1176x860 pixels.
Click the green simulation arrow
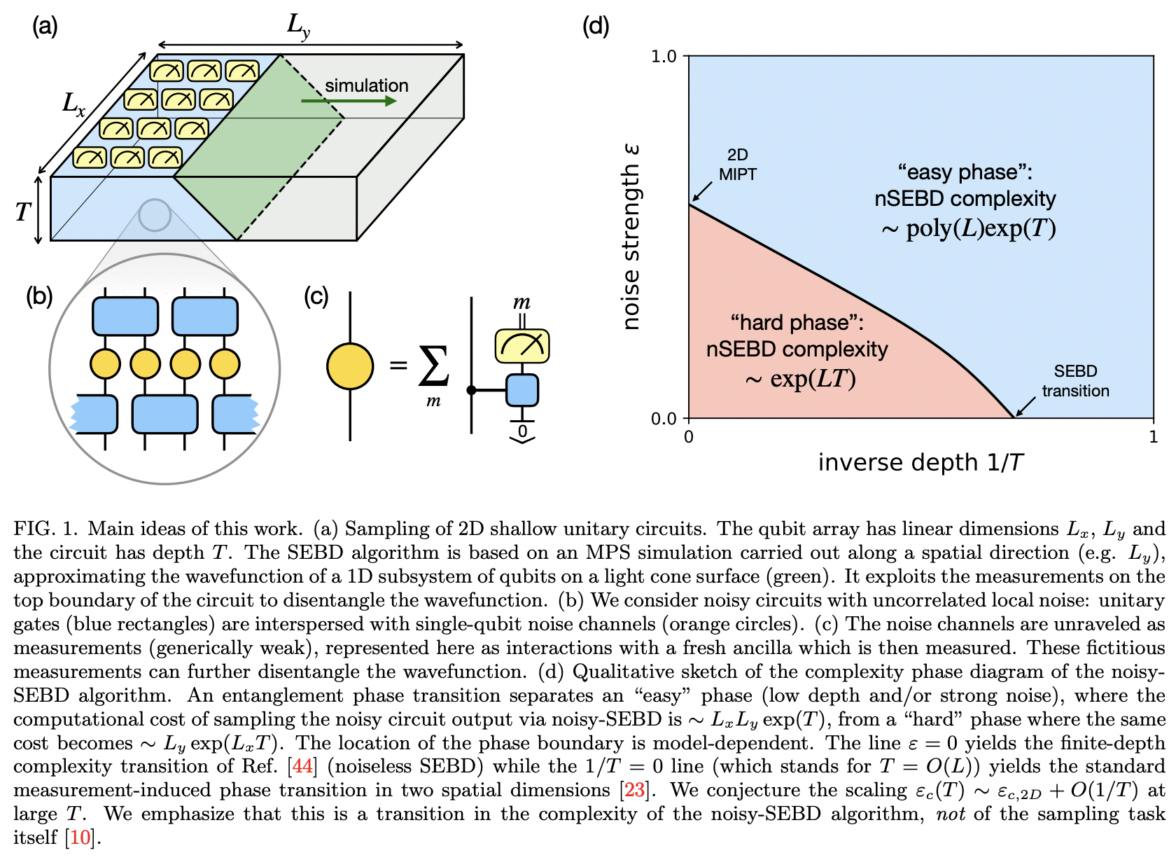tap(349, 102)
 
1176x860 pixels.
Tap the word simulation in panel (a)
tap(366, 85)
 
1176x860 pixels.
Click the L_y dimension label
tap(299, 26)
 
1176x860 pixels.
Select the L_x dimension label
tap(73, 104)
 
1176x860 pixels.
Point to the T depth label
tap(23, 211)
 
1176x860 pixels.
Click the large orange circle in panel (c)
tap(350, 366)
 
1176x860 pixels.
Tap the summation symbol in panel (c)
tap(433, 367)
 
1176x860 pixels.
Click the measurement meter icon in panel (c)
tap(522, 346)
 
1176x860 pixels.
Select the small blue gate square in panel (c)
tap(522, 390)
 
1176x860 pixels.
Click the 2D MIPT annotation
tap(737, 165)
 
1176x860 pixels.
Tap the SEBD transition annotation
tap(1075, 381)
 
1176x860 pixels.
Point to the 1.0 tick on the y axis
tap(664, 56)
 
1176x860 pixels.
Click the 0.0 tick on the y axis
tap(664, 419)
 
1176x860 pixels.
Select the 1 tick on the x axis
tap(1153, 438)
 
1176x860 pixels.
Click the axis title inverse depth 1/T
tap(921, 463)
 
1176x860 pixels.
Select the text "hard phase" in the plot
tap(797, 323)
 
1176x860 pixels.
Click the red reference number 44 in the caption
tap(302, 767)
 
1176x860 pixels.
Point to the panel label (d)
tap(596, 27)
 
